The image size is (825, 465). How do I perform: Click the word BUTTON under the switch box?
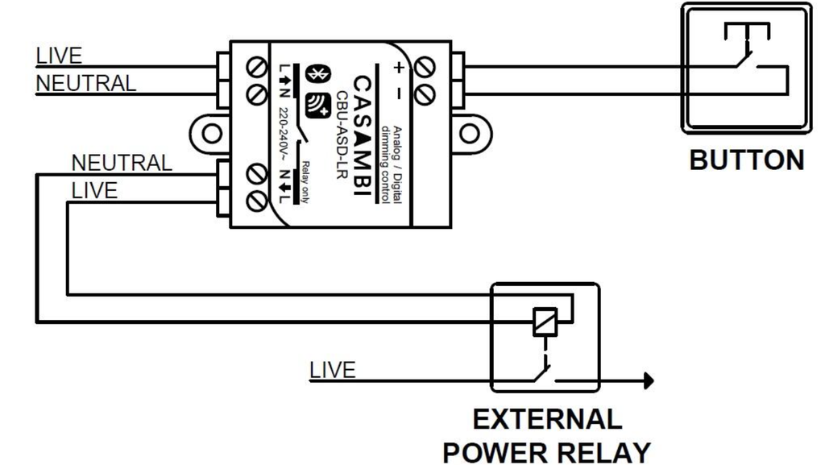(747, 160)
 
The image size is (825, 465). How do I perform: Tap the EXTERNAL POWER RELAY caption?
(547, 435)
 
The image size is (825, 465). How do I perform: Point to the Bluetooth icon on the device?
(317, 76)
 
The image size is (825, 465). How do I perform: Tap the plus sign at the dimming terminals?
(398, 68)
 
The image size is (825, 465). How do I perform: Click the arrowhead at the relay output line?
(649, 380)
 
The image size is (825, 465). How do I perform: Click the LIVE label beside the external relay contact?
(332, 370)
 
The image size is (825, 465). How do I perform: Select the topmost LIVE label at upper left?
(59, 56)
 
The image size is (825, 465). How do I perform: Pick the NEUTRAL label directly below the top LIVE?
(86, 83)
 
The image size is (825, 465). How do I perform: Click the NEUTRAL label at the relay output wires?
(122, 163)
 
